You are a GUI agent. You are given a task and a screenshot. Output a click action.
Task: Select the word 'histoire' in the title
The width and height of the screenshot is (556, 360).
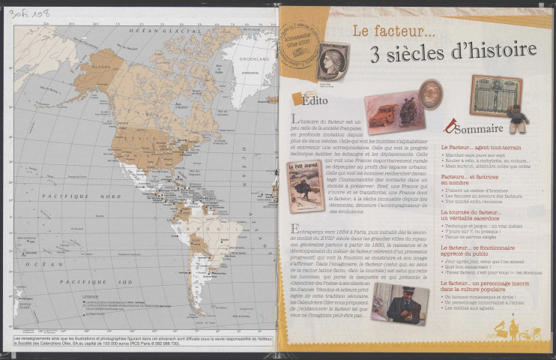pyautogui.click(x=501, y=50)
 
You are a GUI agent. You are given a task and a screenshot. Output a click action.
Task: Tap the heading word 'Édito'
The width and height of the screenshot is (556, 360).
pyautogui.click(x=312, y=100)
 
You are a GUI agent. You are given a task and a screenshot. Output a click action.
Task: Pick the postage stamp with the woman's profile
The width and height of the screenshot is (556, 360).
pyautogui.click(x=332, y=58)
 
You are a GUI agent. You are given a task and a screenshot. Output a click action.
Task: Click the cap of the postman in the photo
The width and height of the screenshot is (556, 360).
pyautogui.click(x=399, y=290)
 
